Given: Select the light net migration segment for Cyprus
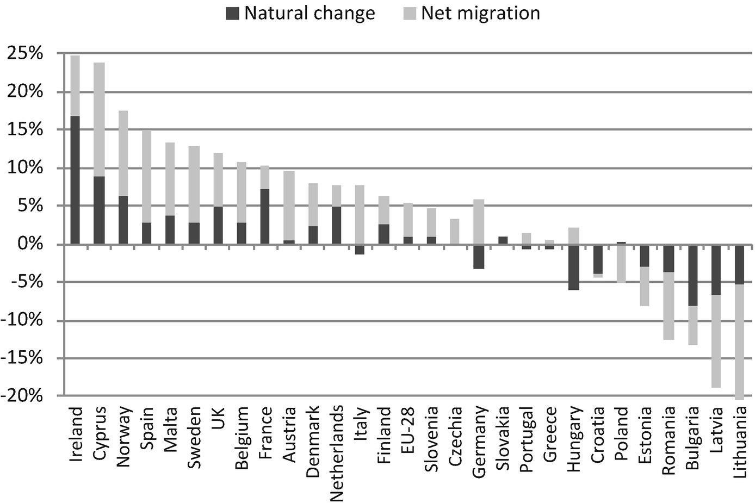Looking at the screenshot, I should pos(99,120).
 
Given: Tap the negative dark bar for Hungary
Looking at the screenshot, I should pos(574,267).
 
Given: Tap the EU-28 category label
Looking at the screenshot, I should pos(408,430).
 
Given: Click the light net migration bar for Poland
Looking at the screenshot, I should pos(622,264).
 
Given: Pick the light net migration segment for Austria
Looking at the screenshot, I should pos(289,206).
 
